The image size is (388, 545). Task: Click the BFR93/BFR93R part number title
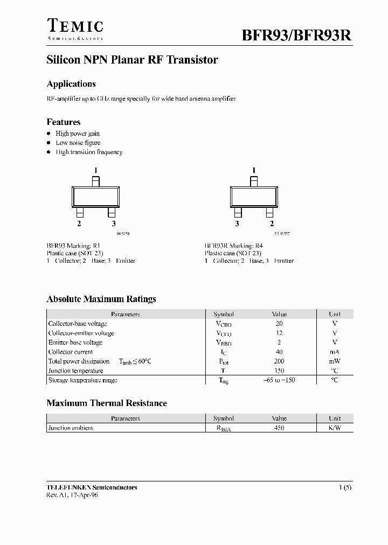(x=296, y=35)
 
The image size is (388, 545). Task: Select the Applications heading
(x=71, y=84)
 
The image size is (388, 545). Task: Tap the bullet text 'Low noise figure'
(x=78, y=143)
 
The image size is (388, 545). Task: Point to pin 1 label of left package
(x=95, y=171)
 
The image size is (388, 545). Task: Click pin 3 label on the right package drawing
(x=237, y=223)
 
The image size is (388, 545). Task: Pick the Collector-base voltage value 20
(x=279, y=324)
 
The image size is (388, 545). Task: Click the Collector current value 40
(x=279, y=352)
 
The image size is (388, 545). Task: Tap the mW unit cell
(x=335, y=361)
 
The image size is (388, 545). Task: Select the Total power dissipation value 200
(x=279, y=361)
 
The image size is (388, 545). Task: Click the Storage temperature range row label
(x=82, y=380)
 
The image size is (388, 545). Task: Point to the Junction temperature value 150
(x=279, y=371)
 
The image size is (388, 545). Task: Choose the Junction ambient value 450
(x=279, y=428)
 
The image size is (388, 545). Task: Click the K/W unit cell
(x=335, y=428)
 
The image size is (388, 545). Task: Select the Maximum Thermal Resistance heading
(x=107, y=403)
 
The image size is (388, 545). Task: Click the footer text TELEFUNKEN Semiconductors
(x=92, y=487)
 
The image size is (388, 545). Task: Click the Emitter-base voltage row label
(x=75, y=343)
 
